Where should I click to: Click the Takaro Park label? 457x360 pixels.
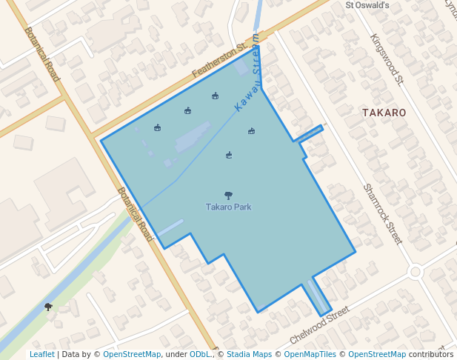229,207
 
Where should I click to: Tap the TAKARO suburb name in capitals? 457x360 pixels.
384,113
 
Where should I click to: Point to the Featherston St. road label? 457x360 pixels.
219,60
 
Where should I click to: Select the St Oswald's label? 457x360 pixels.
367,5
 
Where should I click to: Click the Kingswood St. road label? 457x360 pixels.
386,59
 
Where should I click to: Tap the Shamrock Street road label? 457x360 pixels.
383,214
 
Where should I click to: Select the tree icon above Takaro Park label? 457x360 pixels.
228,196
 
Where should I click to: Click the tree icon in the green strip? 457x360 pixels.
49,306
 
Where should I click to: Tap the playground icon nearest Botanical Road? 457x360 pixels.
157,127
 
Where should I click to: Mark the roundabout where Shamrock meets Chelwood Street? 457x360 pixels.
415,272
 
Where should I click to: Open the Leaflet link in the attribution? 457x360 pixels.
41,355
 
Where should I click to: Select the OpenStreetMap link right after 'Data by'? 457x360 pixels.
132,355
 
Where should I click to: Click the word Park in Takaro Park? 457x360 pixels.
242,207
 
